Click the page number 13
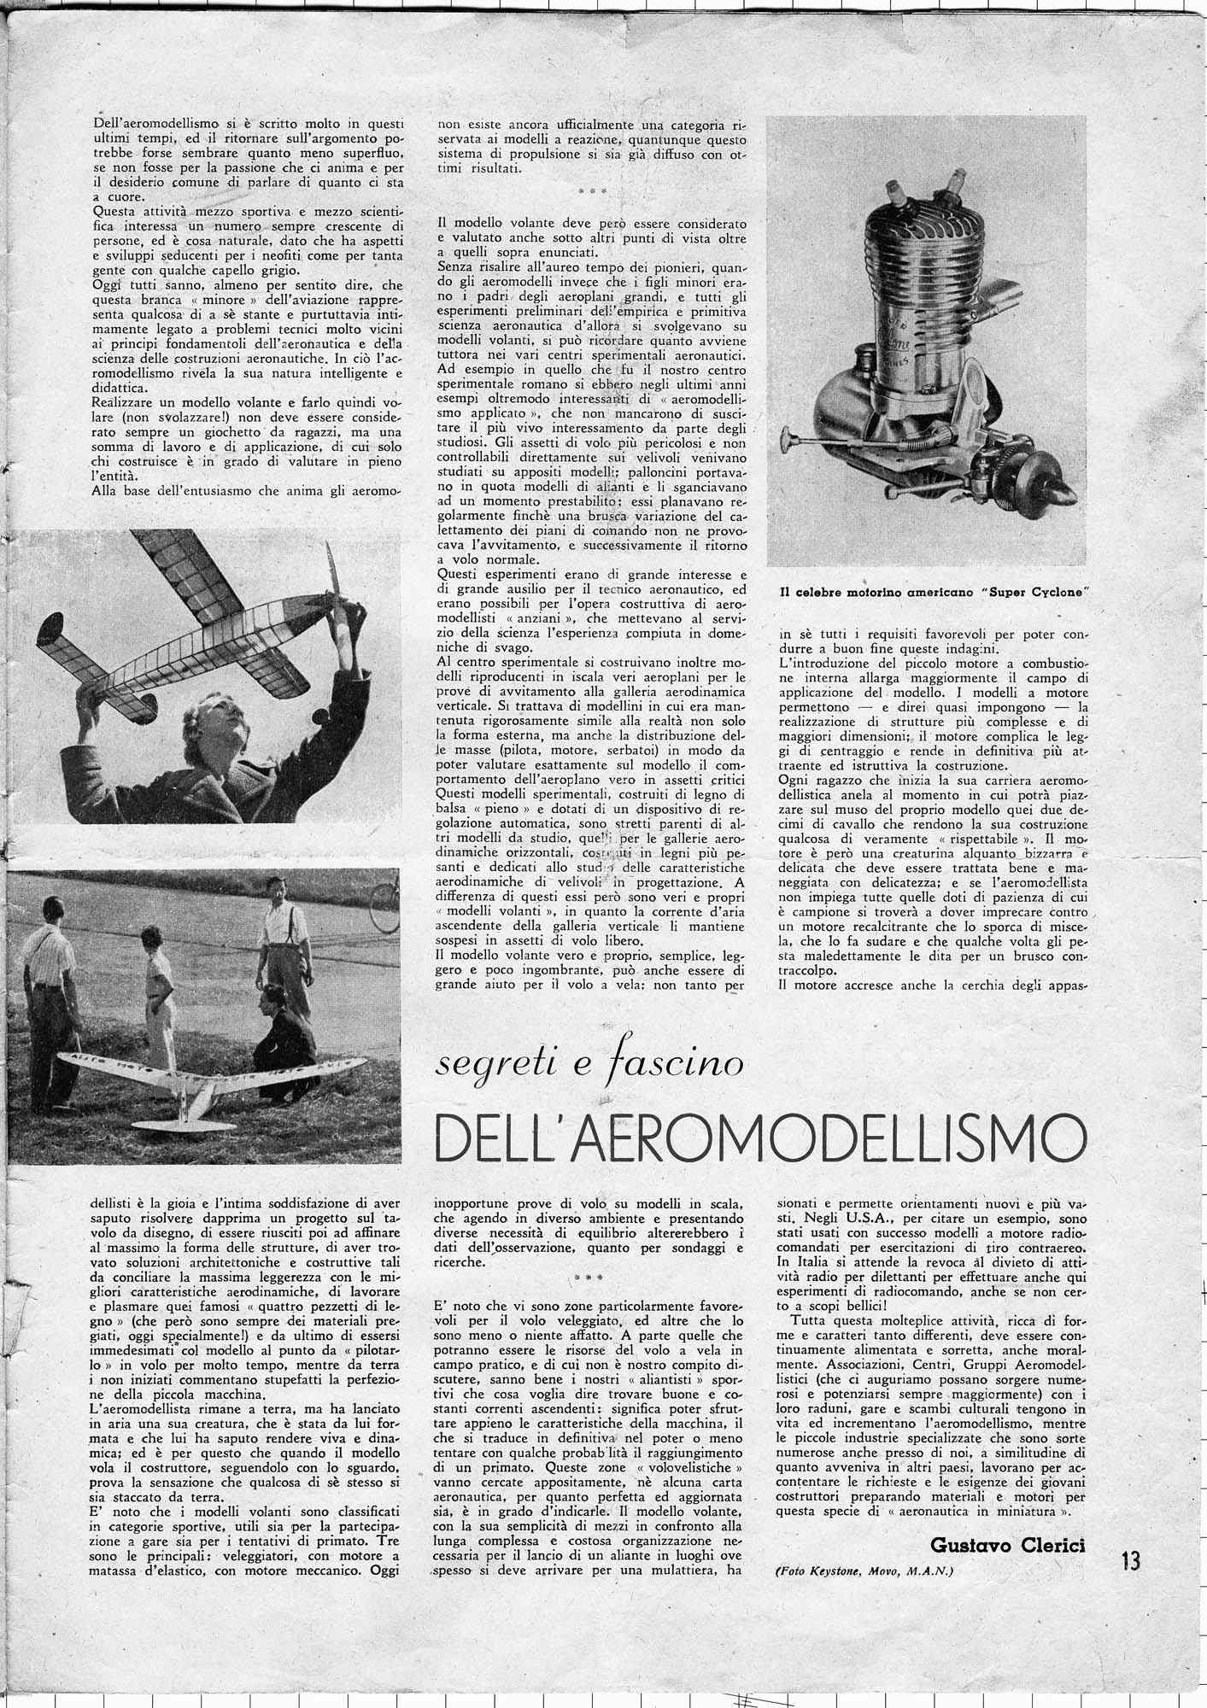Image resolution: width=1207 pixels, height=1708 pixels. pyautogui.click(x=1130, y=1562)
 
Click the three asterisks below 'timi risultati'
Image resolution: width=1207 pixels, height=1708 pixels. pyautogui.click(x=591, y=190)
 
